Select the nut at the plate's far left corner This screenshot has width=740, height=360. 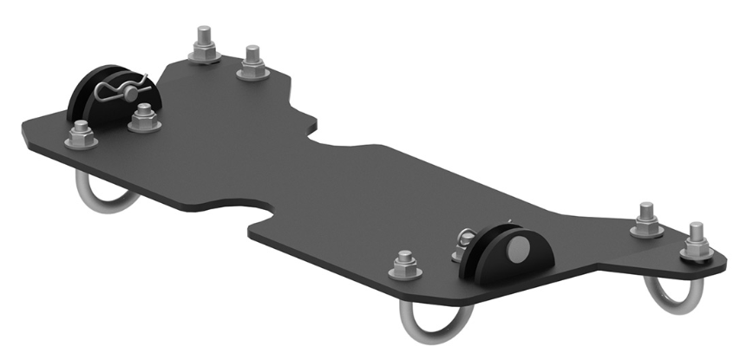(x=81, y=136)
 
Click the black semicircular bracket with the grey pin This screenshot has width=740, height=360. (x=514, y=252)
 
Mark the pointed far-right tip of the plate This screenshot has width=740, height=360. (x=725, y=259)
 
